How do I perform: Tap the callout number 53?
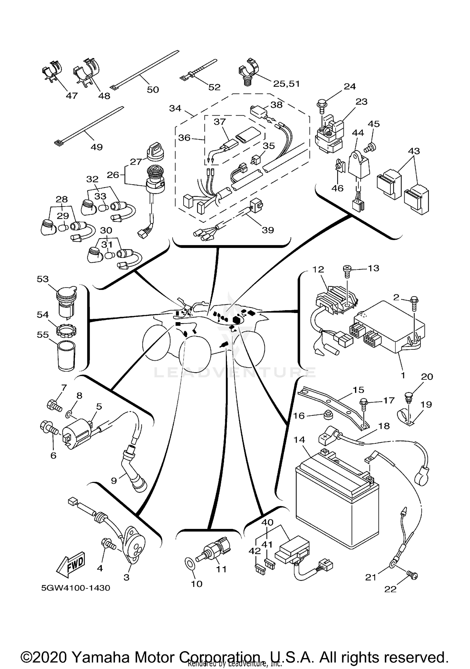tap(43, 279)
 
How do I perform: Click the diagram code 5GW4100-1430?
tap(76, 588)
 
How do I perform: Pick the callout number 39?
tap(268, 230)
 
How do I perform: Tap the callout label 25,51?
tap(286, 84)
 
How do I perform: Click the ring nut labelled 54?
tap(66, 330)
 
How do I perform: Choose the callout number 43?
tap(414, 151)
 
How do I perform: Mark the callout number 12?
tap(318, 269)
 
